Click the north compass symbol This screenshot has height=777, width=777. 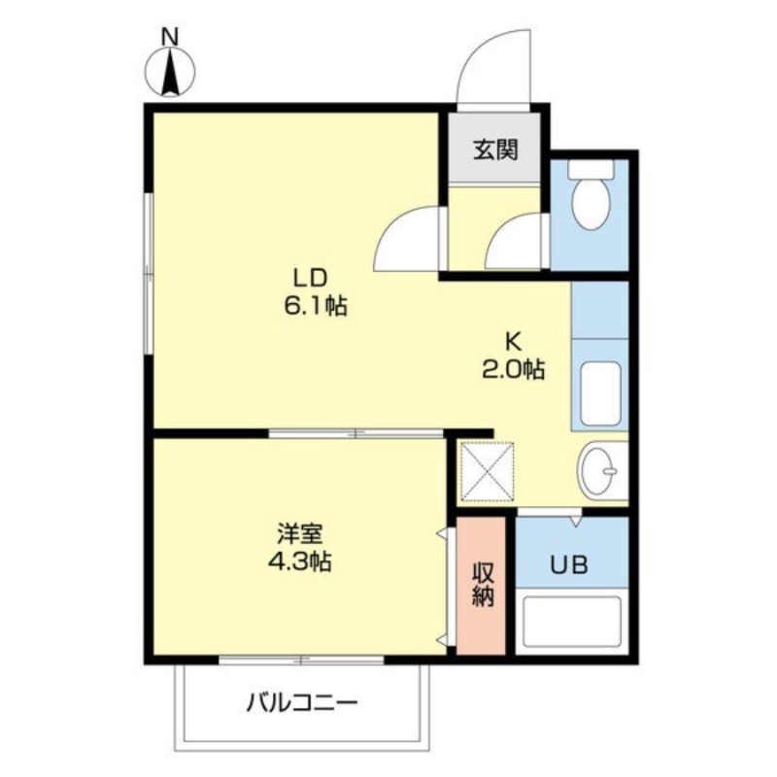(171, 72)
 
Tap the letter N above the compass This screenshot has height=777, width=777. (171, 36)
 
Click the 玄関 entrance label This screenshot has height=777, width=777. (495, 150)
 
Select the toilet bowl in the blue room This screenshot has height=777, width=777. (591, 195)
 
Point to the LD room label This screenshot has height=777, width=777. (311, 278)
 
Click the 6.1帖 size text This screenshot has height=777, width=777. (316, 306)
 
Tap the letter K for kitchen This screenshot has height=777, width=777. (513, 342)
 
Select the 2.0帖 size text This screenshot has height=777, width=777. (514, 369)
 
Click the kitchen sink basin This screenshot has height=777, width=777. (600, 394)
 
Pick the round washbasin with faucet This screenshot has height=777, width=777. (598, 470)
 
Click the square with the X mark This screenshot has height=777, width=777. (488, 471)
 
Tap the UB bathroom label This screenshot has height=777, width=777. (570, 564)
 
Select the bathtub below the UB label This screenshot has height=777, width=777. (572, 622)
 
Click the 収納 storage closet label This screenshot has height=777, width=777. (482, 585)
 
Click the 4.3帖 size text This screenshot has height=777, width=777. (300, 562)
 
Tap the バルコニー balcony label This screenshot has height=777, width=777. (302, 702)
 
